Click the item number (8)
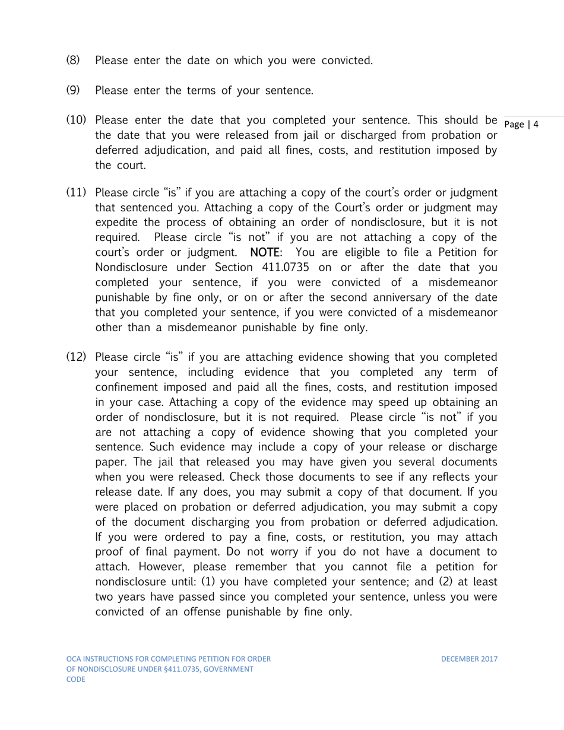click(x=72, y=60)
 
